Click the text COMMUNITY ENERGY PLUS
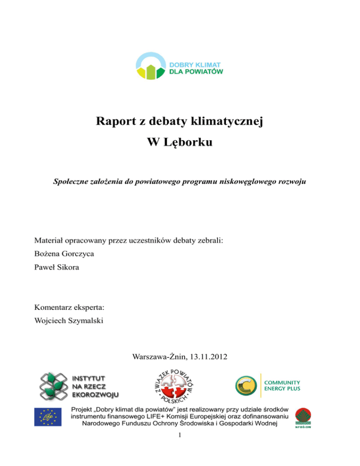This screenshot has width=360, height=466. (x=283, y=385)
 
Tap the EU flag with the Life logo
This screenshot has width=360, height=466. (x=47, y=417)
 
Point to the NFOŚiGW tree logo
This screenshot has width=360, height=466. (x=304, y=417)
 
